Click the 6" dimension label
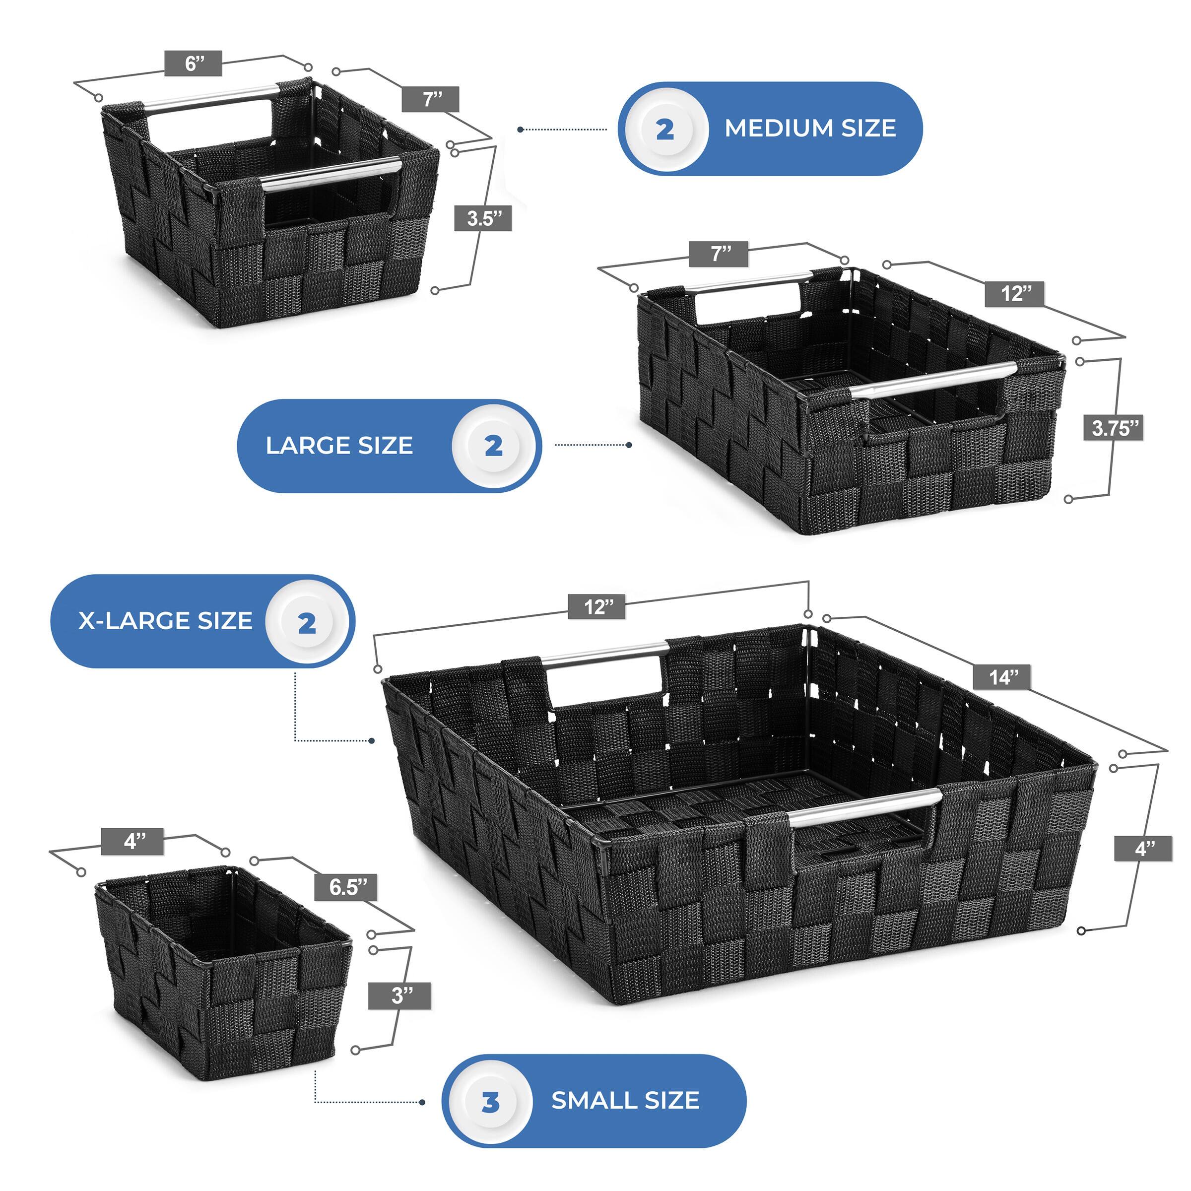pos(193,64)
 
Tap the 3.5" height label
pos(483,218)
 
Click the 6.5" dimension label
pos(348,887)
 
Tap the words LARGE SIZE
pos(339,446)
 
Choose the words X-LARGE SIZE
pos(165,621)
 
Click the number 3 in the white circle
pos(490,1102)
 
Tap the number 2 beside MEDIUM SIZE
pos(664,130)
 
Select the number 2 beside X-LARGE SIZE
pos(307,623)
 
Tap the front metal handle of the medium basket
pos(330,171)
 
